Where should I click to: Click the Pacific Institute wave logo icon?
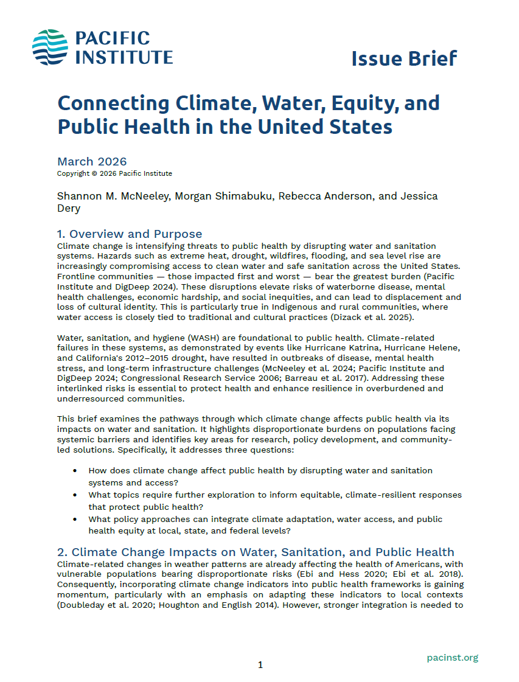pos(51,47)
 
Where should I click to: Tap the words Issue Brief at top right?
pos(403,58)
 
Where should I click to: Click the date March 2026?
pos(92,161)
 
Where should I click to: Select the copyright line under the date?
pos(114,173)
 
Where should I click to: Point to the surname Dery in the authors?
pos(69,208)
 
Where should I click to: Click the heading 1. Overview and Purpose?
pos(129,234)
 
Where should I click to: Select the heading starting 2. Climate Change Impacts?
pos(255,552)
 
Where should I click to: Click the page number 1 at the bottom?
pos(260,665)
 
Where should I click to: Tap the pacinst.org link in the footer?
pos(452,657)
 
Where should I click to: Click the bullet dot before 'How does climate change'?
pos(75,471)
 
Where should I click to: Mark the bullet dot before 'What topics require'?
pos(75,495)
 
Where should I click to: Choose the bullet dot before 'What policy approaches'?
pos(75,520)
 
